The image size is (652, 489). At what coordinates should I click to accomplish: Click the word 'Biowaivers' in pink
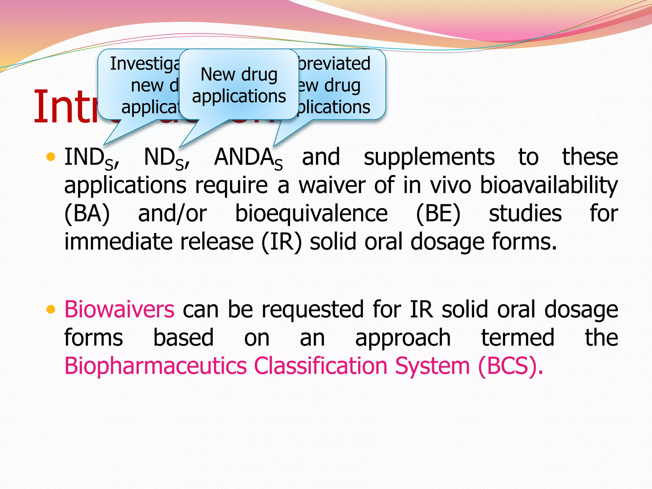pos(119,309)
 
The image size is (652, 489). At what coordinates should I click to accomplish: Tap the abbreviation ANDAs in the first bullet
pos(248,158)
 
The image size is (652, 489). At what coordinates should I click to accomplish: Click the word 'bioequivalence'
pos(311,214)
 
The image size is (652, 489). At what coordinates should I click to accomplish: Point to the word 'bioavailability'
pos(549,186)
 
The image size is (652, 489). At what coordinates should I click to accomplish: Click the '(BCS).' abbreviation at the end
pos(510,366)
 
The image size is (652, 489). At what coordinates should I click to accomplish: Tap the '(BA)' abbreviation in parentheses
pos(87,214)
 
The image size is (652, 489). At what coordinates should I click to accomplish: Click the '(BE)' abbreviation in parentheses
pos(438,214)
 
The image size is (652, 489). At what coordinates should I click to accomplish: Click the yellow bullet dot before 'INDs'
pos(51,157)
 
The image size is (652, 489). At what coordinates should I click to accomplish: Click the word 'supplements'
pos(429,157)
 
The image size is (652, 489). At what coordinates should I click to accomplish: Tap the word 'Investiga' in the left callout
pos(145,64)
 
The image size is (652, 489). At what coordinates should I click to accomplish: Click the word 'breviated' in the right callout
pos(334,64)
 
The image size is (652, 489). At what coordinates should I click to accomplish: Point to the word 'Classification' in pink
pos(321,366)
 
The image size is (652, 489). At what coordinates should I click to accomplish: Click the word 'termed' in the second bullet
pos(518,338)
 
